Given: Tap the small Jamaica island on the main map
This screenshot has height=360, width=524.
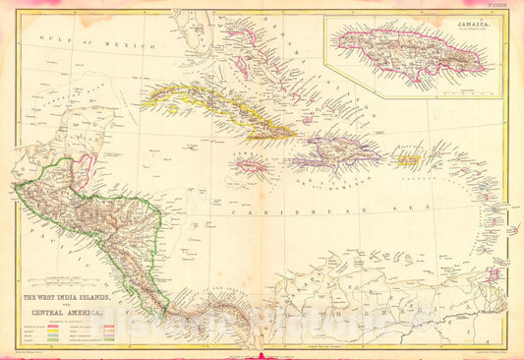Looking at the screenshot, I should coord(252,166).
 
